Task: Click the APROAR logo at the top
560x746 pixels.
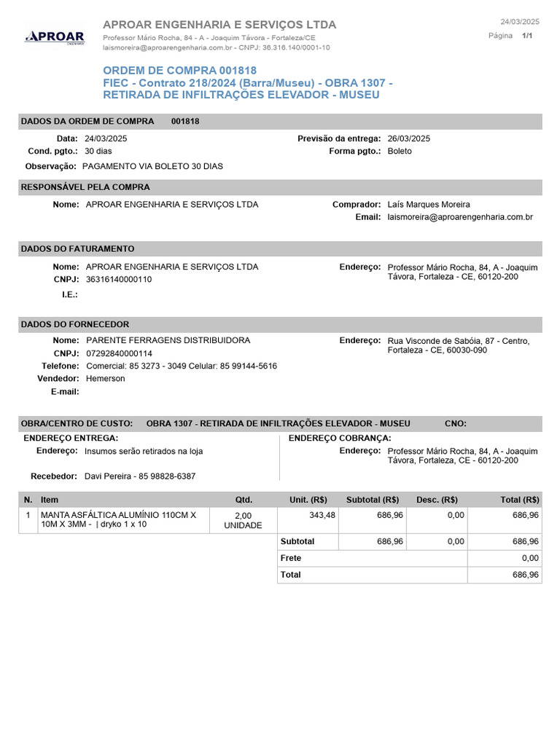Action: [55, 36]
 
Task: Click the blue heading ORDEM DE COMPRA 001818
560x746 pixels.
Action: [179, 70]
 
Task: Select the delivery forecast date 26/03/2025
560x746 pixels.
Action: [408, 138]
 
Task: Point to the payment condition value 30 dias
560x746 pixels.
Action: [99, 151]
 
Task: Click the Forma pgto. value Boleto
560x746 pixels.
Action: [400, 151]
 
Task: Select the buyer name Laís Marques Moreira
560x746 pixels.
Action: [429, 205]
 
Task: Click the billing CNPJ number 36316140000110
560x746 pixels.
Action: [119, 279]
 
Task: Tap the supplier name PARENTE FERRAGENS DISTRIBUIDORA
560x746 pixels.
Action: [168, 340]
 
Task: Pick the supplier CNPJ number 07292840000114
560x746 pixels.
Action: [119, 353]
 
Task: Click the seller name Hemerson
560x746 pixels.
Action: [105, 379]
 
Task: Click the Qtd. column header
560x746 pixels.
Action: [243, 500]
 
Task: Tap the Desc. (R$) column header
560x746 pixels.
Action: [437, 500]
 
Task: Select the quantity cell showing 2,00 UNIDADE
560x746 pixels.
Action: [243, 520]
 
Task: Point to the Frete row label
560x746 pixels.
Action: [291, 558]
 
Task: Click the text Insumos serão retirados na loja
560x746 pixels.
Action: [144, 451]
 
